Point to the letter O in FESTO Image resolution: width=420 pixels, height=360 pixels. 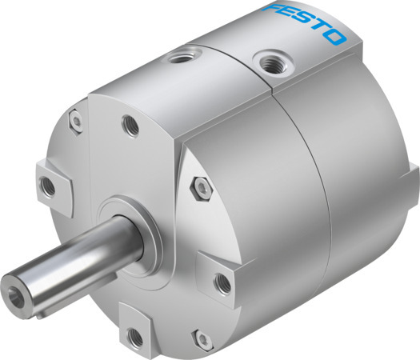337,38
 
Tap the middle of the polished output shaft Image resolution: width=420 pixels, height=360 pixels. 80,256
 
